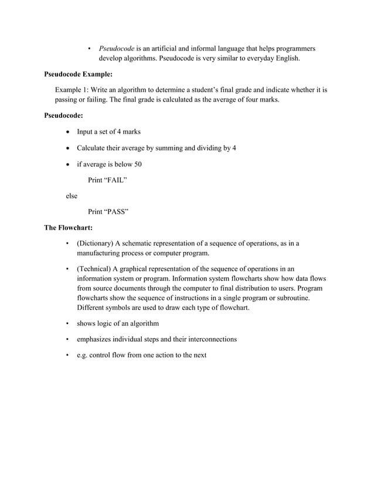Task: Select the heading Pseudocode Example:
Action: point(79,74)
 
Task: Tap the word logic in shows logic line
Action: point(107,323)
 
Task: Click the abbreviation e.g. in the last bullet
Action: point(84,355)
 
